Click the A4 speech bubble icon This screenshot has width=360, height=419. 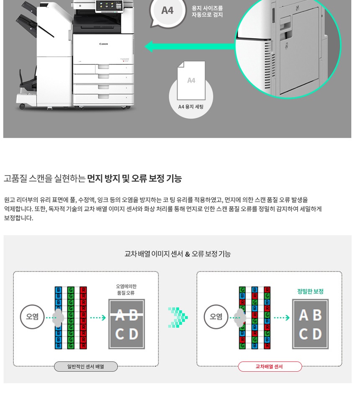(x=167, y=11)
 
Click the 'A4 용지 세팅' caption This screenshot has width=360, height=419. (x=191, y=107)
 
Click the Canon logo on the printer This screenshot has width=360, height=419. (x=103, y=44)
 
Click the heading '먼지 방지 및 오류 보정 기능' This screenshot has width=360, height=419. (x=134, y=178)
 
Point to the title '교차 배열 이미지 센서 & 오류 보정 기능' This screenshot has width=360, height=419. (x=177, y=254)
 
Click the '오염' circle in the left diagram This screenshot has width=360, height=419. (x=32, y=317)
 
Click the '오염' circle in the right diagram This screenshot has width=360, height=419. (x=216, y=317)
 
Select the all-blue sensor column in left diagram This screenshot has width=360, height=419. (x=59, y=318)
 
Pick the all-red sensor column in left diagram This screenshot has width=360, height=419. (x=83, y=318)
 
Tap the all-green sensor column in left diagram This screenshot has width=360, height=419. (x=71, y=318)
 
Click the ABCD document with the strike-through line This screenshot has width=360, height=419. (x=126, y=324)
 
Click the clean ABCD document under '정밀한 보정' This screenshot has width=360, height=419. (x=310, y=324)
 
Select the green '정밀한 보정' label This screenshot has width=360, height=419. (x=310, y=291)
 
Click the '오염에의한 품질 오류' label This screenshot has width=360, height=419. (x=126, y=290)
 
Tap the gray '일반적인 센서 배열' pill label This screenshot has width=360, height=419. (x=86, y=367)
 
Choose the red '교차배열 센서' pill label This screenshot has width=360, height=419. (x=270, y=367)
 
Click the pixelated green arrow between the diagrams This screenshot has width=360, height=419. (x=178, y=318)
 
